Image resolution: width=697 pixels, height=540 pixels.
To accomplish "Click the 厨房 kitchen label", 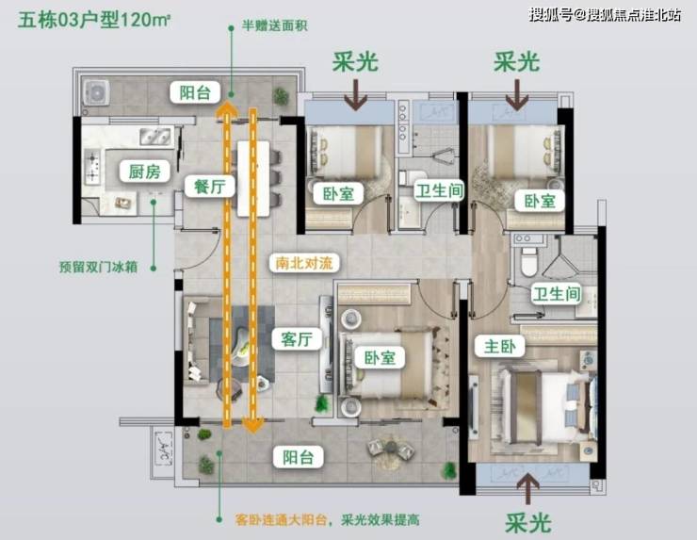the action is click(145, 172).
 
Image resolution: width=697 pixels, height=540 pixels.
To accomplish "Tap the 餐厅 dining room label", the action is click(209, 186).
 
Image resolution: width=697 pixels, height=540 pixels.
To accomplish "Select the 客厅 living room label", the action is click(297, 339).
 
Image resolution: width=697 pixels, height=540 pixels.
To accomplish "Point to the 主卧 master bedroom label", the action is click(499, 346).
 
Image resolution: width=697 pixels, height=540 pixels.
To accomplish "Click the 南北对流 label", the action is click(303, 263).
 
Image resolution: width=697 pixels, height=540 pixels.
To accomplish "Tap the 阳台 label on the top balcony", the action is click(195, 92).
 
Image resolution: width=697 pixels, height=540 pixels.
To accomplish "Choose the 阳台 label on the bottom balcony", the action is click(299, 457).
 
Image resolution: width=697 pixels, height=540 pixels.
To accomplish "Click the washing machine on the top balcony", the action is click(96, 92).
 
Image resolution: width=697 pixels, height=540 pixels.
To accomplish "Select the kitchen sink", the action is click(155, 137).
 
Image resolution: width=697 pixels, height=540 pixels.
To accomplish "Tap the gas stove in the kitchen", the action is click(92, 167).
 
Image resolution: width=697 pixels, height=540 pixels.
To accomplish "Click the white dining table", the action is click(253, 178).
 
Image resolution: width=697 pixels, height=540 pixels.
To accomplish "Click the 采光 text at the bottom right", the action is click(528, 522).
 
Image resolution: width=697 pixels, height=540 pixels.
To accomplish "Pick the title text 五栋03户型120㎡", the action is click(94, 21).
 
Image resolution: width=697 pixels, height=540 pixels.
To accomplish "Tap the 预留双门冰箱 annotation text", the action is click(99, 268).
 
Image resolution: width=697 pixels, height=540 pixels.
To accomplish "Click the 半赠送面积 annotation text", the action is click(275, 25).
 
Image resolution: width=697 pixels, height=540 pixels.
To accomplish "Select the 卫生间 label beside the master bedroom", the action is click(557, 294).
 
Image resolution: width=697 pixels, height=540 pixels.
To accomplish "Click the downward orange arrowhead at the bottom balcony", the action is click(253, 425).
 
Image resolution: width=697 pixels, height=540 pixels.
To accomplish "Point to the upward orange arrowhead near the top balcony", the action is click(227, 109).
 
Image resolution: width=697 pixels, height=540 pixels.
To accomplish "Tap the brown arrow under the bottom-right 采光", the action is click(528, 488).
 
